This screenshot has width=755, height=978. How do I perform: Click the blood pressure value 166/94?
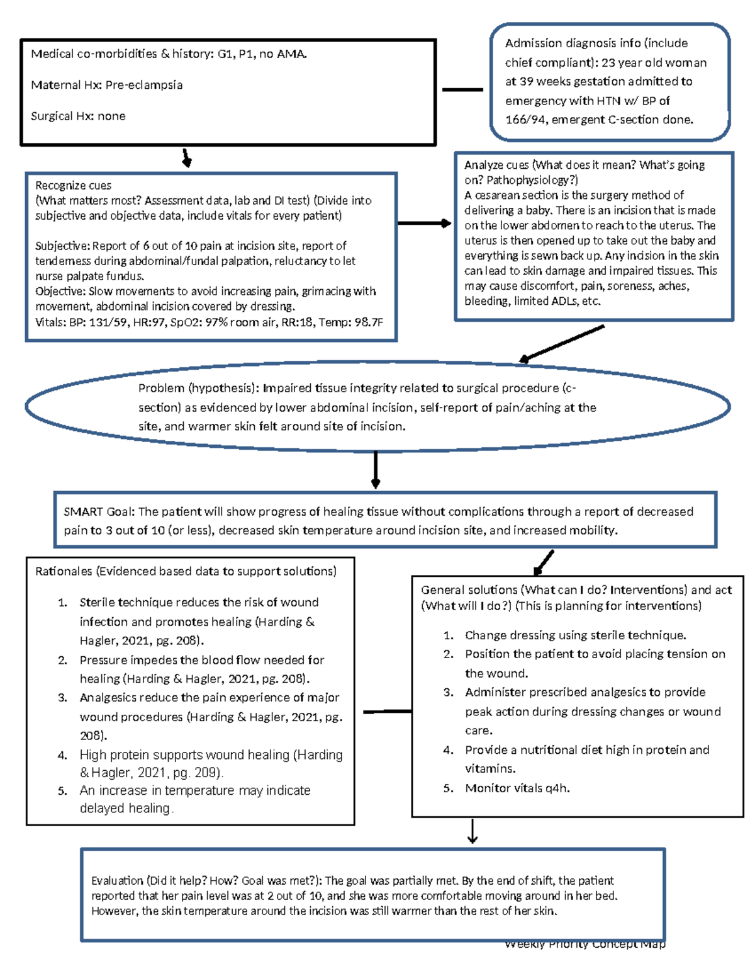click(525, 120)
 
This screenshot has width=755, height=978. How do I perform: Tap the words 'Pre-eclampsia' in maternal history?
click(143, 85)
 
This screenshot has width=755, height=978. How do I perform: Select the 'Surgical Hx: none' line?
click(78, 116)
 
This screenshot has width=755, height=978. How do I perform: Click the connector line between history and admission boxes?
click(462, 90)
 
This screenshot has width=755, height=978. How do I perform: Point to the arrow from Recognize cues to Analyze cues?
click(425, 223)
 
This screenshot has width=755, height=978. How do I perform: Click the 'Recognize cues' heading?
click(73, 185)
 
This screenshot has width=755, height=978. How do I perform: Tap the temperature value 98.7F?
click(367, 322)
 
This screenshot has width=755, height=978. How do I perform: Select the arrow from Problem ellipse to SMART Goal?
click(376, 470)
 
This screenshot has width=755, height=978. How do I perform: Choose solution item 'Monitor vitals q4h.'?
click(517, 788)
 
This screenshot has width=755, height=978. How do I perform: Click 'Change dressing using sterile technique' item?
click(575, 635)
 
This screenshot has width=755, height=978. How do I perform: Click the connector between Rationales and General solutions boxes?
click(387, 712)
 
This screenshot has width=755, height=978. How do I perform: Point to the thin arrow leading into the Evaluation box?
click(473, 832)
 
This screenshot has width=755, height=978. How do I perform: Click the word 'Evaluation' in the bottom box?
click(117, 880)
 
